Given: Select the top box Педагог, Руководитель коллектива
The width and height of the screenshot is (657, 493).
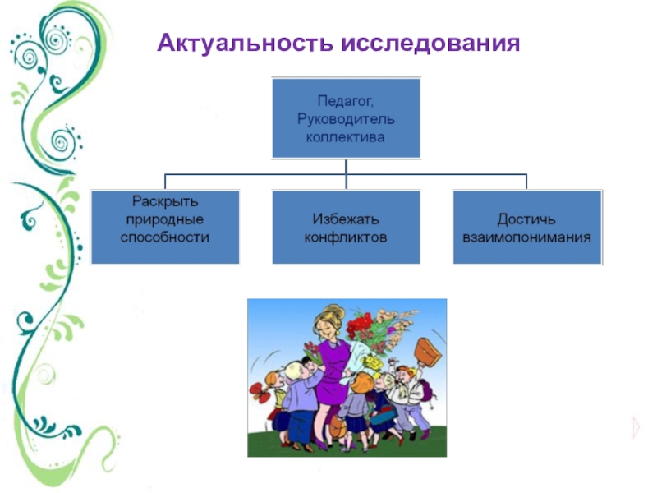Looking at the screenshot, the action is (x=346, y=117).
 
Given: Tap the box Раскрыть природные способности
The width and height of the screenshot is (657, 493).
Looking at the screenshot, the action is (x=165, y=227).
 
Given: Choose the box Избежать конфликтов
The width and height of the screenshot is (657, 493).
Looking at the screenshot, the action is (x=346, y=227).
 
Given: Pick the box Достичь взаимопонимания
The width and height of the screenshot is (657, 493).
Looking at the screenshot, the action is (x=526, y=227).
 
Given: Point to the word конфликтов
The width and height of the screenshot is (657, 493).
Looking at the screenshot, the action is (x=346, y=237).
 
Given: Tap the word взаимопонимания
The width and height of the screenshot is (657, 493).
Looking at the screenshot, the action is (x=526, y=237).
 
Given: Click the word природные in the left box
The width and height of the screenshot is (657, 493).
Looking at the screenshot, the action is (x=165, y=219).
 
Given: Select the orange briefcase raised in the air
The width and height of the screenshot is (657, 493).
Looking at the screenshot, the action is (x=427, y=352).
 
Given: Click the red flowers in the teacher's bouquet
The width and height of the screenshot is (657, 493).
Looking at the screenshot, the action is (x=359, y=326).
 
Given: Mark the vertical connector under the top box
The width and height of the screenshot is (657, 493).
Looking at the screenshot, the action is (x=346, y=166).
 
